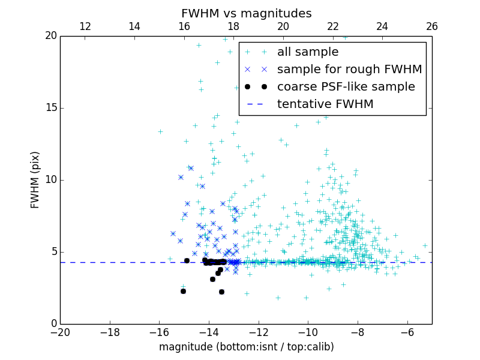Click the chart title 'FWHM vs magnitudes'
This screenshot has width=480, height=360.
click(x=246, y=13)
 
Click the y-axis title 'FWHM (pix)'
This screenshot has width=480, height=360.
click(x=35, y=180)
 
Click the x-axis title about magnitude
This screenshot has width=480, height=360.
click(x=246, y=347)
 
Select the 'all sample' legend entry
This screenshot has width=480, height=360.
click(x=307, y=52)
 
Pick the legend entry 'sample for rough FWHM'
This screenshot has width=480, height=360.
click(x=349, y=70)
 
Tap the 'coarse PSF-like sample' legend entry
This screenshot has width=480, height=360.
click(x=346, y=87)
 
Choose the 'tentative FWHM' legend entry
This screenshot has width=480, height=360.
click(x=325, y=104)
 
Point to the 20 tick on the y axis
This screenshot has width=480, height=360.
click(x=50, y=36)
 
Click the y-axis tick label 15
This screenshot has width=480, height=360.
click(x=50, y=108)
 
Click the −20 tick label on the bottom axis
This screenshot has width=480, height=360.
click(x=60, y=332)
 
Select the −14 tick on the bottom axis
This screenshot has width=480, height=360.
click(x=209, y=332)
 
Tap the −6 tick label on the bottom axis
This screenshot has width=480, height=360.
click(x=407, y=332)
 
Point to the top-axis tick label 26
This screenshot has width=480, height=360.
click(x=432, y=26)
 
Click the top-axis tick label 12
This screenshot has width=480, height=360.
click(x=85, y=26)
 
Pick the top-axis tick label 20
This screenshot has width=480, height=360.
click(x=283, y=26)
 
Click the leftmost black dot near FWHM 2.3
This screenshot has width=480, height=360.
click(x=183, y=291)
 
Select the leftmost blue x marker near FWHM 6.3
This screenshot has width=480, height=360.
click(x=173, y=233)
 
